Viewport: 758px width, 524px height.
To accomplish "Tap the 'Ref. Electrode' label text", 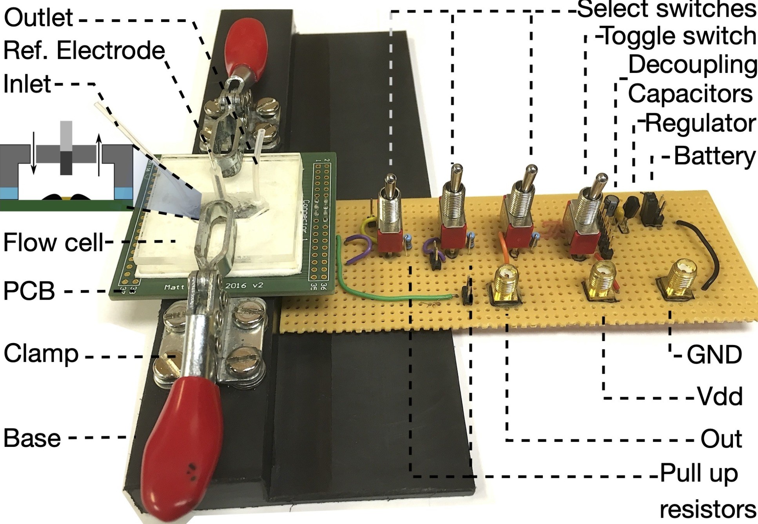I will [84, 51].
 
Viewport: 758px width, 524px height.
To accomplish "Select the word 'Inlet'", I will [27, 84].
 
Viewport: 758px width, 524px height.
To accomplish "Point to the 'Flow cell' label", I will [53, 242].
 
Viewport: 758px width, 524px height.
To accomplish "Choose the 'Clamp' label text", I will [41, 354].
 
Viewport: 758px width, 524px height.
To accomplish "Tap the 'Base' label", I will [32, 438].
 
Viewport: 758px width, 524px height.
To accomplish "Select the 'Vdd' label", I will [720, 397].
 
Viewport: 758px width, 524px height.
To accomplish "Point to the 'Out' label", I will [721, 439].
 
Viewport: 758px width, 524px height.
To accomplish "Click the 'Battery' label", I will [714, 156].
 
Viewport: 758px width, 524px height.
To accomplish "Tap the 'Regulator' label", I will [700, 123].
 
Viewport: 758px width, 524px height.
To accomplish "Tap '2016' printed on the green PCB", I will [235, 285].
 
